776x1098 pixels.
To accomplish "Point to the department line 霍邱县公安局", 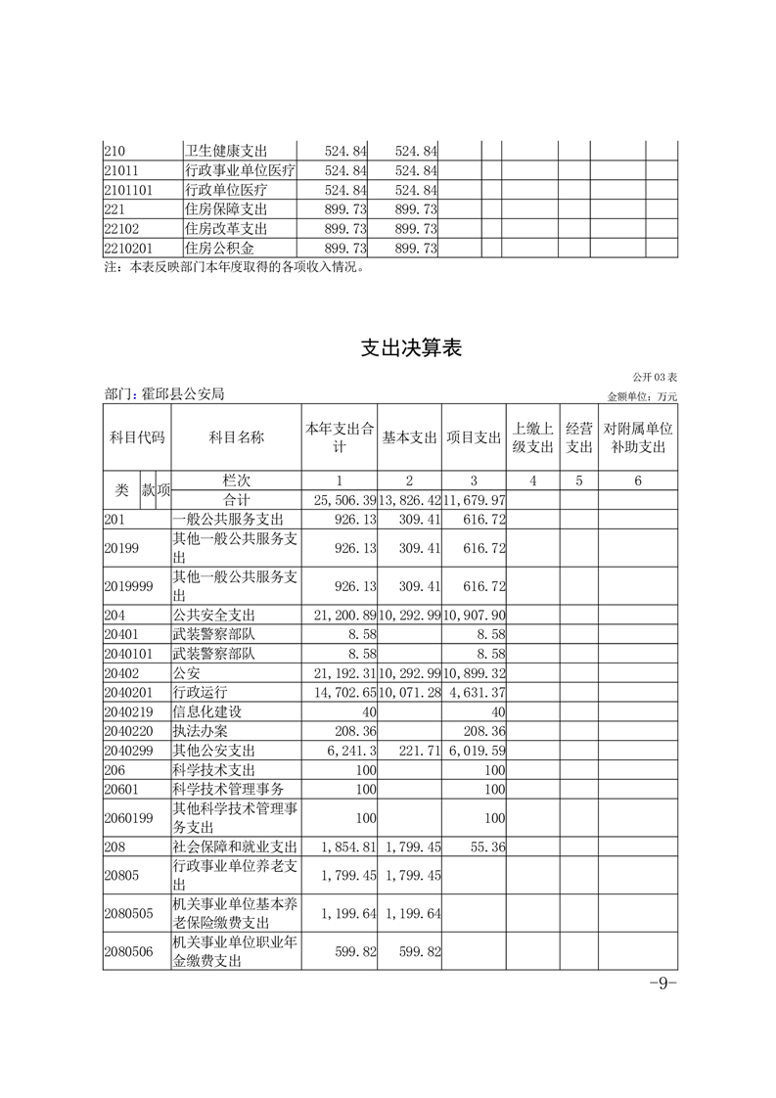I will click(164, 394).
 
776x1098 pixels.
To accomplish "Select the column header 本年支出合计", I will click(339, 437).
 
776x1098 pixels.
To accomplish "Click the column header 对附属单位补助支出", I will click(638, 437).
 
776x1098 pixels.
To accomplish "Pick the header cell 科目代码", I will click(136, 437).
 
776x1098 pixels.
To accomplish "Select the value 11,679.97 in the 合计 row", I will click(474, 501).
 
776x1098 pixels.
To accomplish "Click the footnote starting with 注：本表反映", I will click(234, 266).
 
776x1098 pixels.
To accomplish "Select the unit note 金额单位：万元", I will click(642, 396).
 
